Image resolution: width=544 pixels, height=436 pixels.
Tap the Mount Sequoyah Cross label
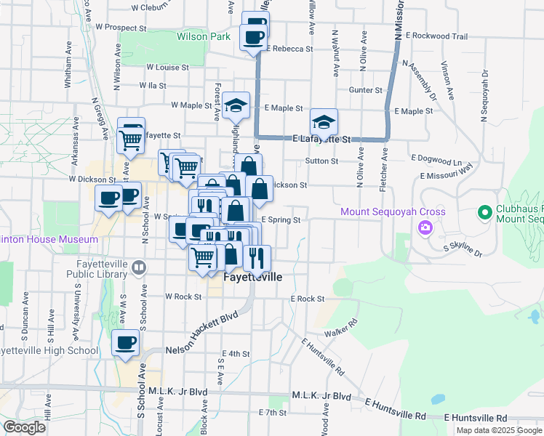382,211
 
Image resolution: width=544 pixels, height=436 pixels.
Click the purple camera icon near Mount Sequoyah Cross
424,228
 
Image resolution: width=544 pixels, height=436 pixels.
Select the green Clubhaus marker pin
484,213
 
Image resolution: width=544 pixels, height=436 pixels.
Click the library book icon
138,268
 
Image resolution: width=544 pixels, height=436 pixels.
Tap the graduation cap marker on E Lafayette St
324,123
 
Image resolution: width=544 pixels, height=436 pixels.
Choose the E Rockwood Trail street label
436,35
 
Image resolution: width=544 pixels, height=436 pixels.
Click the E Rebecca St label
289,49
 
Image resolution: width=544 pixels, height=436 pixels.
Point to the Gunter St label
365,89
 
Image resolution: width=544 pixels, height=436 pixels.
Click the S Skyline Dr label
463,250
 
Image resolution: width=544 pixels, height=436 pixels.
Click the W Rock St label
183,296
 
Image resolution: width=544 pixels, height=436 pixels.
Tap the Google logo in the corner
24,427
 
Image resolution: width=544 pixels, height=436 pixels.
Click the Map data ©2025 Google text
498,430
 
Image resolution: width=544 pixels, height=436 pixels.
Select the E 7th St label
273,413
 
